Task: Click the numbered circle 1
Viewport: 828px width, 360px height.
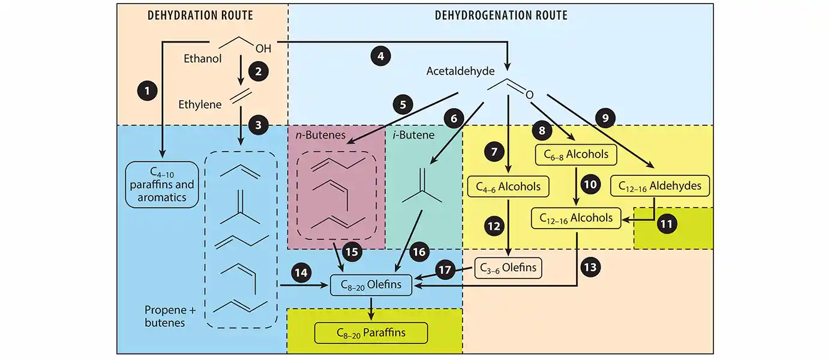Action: [147, 91]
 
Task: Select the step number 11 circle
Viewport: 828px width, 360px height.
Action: [666, 225]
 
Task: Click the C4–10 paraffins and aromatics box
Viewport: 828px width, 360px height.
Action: [162, 184]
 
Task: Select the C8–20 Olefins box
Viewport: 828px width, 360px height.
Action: [371, 284]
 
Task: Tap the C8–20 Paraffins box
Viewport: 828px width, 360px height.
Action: [371, 332]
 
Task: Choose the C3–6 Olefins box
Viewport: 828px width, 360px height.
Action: [508, 268]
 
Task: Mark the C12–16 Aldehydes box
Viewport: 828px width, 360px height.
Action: [659, 186]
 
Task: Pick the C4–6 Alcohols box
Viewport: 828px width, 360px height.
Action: [508, 186]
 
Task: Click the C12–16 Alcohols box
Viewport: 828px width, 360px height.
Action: [576, 218]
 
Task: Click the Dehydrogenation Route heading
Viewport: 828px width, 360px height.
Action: [501, 15]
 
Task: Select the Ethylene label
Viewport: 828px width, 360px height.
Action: [200, 104]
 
